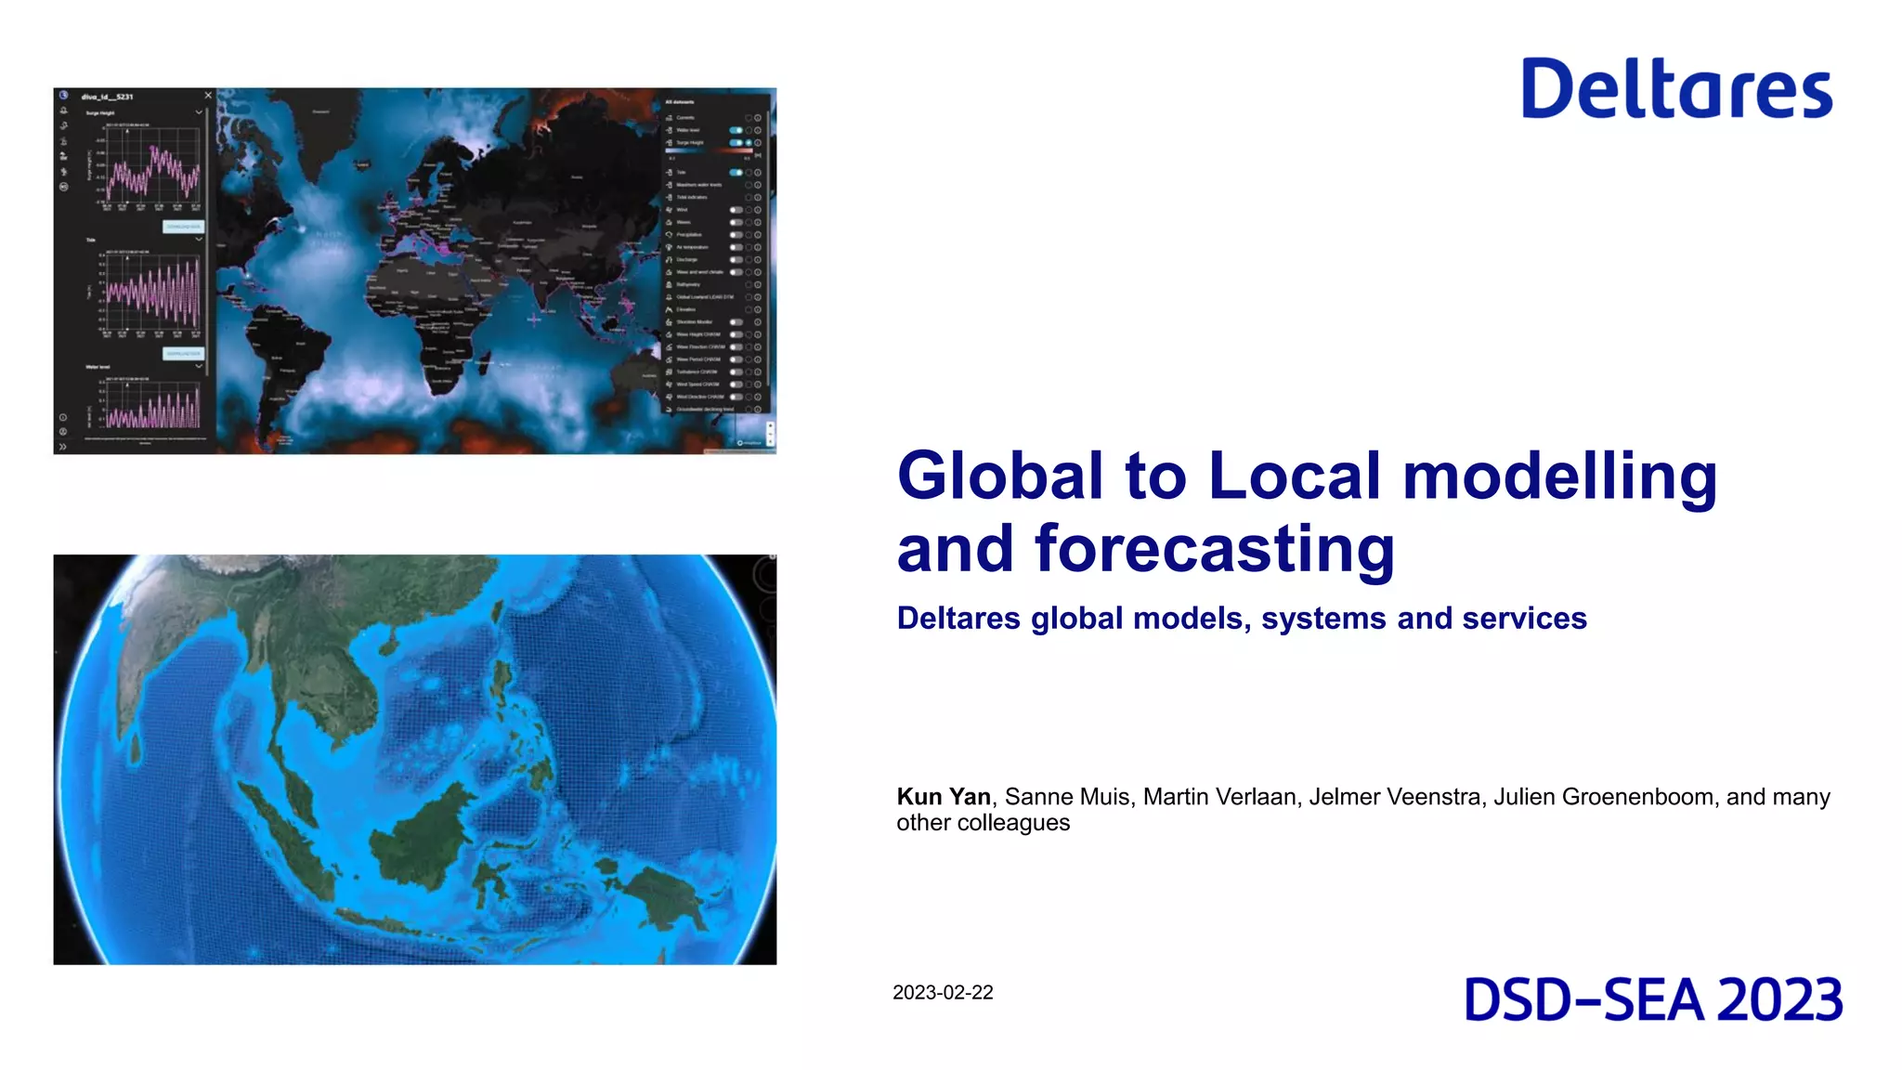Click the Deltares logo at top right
(x=1676, y=89)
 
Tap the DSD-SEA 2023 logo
(x=1653, y=1000)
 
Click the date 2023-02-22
(x=943, y=993)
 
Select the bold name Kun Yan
(x=943, y=797)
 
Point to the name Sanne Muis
(x=1067, y=797)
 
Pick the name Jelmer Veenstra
(x=1394, y=797)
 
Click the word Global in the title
(x=1000, y=476)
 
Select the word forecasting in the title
(x=1215, y=549)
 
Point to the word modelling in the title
(x=1559, y=476)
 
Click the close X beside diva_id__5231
(x=208, y=96)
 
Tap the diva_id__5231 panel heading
(x=108, y=97)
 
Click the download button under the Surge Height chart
(x=183, y=227)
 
